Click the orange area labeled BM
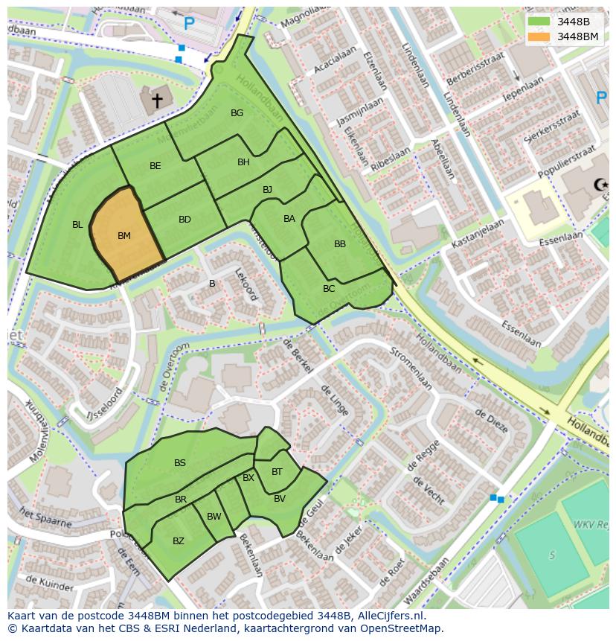pos(125,236)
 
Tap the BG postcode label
pos(237,113)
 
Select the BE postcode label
pos(155,166)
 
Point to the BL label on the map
pos(77,224)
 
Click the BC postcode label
pos(329,289)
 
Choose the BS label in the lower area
pos(180,463)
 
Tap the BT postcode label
pos(277,472)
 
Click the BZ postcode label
pos(179,541)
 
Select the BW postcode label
pos(214,517)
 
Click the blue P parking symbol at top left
pos(189,24)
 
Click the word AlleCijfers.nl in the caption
pos(391,616)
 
